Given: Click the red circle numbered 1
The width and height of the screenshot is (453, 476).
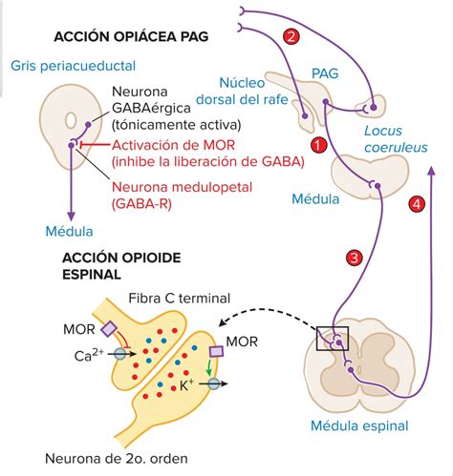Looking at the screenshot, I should coord(319,145).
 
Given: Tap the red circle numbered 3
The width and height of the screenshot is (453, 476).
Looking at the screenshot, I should coord(355,258).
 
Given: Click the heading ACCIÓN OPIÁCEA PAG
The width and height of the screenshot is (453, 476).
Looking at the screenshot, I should coord(132,37).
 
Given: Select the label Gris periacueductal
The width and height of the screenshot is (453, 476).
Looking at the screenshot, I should coord(74,66).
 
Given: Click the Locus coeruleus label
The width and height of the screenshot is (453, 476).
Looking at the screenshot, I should coord(395,139).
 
